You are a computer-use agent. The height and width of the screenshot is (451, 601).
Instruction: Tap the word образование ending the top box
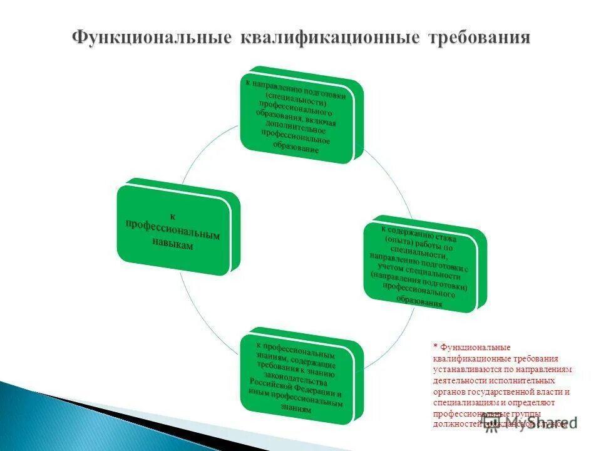coord(294,148)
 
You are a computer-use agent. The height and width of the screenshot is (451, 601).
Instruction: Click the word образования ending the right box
coord(419,301)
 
